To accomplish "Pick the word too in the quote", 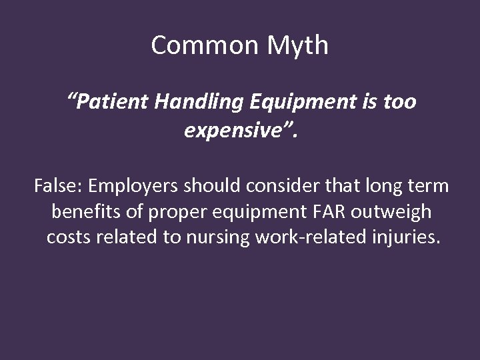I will [x=397, y=103].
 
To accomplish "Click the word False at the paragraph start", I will [x=57, y=187].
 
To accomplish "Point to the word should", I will [x=209, y=187].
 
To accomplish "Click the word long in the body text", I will [x=372, y=187].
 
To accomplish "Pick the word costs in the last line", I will [x=66, y=237].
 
